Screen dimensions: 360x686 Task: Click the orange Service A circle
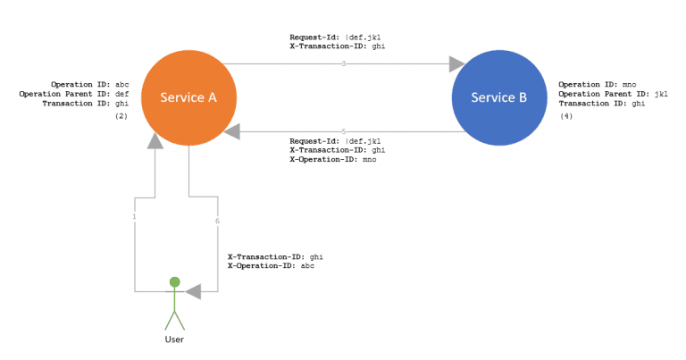click(x=188, y=97)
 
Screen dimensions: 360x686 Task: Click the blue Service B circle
click(x=499, y=97)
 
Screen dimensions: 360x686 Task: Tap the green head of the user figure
click(x=175, y=281)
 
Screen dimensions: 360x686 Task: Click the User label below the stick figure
click(x=175, y=339)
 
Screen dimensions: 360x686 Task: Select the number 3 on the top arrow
click(x=343, y=64)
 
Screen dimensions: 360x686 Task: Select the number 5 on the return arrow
click(x=343, y=132)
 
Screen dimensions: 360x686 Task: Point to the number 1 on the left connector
click(x=135, y=217)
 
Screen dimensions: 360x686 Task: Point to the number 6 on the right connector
click(x=216, y=221)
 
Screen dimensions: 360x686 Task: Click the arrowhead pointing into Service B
click(x=457, y=64)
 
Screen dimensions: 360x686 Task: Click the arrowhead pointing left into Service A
click(x=232, y=132)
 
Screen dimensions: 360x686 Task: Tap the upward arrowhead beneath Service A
click(x=155, y=140)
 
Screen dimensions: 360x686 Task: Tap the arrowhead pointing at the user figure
click(x=193, y=291)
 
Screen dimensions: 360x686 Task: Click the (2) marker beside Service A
click(x=121, y=116)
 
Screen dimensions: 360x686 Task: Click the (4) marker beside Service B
click(x=566, y=116)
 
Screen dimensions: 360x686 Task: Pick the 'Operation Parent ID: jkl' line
click(x=613, y=94)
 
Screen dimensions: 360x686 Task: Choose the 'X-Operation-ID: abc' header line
click(x=271, y=266)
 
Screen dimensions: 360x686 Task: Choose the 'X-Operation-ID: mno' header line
click(x=332, y=160)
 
